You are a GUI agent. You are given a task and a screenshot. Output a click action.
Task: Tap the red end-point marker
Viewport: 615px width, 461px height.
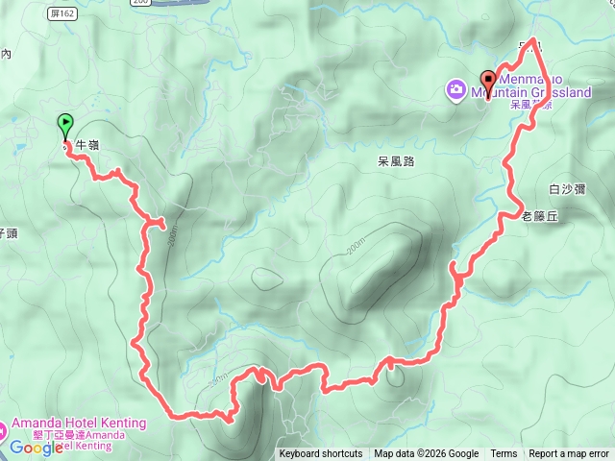coord(488,83)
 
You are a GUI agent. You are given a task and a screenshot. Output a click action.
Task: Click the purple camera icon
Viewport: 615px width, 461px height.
coord(455,89)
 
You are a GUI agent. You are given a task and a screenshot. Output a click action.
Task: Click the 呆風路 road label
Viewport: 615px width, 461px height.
coord(396,162)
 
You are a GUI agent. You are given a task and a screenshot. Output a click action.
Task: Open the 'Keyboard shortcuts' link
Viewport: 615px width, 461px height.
coord(321,454)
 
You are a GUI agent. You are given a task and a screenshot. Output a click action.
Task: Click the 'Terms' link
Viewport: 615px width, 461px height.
coord(504,454)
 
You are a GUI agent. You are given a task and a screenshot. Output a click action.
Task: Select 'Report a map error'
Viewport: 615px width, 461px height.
coord(569,454)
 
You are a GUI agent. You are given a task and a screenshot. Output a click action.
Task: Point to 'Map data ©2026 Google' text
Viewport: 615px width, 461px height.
coord(426,454)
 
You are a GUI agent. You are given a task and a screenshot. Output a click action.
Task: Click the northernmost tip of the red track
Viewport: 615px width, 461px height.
coord(534,41)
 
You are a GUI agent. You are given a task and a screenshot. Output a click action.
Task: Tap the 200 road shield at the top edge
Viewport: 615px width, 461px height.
coord(141,2)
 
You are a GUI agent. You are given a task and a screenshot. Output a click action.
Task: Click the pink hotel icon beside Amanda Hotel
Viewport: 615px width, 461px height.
coord(3,428)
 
